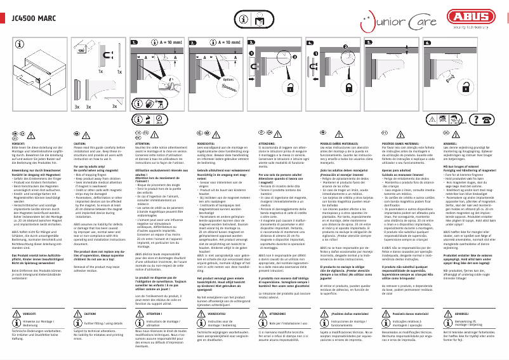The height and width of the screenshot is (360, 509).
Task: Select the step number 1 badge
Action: click(135, 43)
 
